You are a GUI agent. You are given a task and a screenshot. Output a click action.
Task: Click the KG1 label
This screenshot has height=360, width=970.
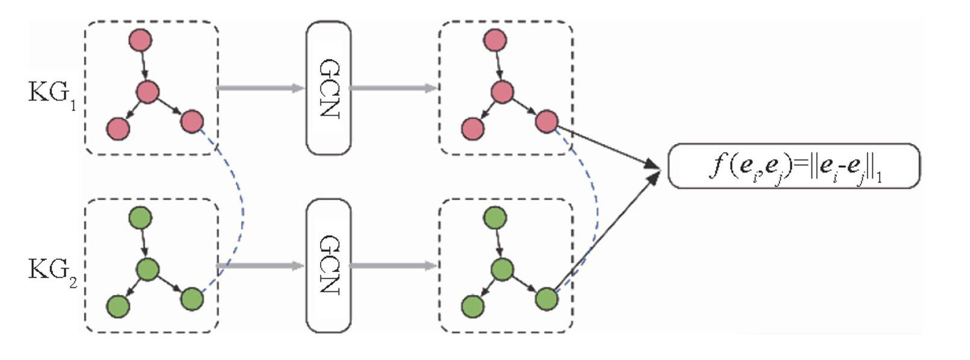pyautogui.click(x=52, y=94)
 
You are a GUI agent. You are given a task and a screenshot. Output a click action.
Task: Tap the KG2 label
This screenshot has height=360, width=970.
pyautogui.click(x=52, y=271)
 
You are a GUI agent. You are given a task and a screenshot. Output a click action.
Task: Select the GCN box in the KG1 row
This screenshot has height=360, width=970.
pyautogui.click(x=329, y=88)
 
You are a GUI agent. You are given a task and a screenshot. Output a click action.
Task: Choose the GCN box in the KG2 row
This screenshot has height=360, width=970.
pyautogui.click(x=329, y=265)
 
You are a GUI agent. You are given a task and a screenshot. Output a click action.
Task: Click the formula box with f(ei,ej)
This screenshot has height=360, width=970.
pyautogui.click(x=794, y=166)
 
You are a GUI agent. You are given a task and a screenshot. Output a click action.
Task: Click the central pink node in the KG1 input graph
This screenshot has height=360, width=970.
pyautogui.click(x=148, y=92)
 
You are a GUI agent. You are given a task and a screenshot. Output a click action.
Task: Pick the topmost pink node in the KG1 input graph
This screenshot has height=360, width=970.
pyautogui.click(x=140, y=40)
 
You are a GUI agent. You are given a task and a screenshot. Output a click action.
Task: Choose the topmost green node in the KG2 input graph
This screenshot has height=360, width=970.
pyautogui.click(x=140, y=218)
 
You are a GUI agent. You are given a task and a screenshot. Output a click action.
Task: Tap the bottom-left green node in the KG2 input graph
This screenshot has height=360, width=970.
pyautogui.click(x=118, y=307)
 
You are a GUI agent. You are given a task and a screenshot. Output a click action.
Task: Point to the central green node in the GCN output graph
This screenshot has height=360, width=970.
pyautogui.click(x=502, y=270)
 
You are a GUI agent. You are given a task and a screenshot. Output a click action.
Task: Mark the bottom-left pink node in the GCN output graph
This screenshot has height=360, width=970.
pyautogui.click(x=472, y=129)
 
